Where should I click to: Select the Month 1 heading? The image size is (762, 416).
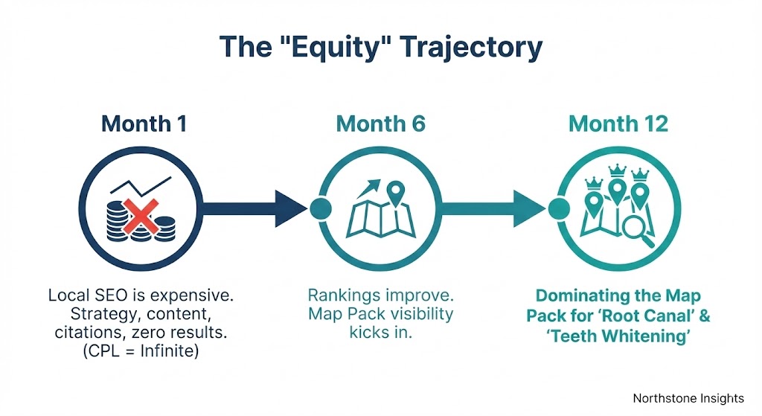(144, 124)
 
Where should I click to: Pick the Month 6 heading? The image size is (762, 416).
(380, 124)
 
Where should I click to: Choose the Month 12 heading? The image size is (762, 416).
(618, 124)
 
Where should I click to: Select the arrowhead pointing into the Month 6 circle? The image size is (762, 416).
(290, 208)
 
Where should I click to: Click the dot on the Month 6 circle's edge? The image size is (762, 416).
(320, 208)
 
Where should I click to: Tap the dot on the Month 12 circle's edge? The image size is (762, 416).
(557, 208)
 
